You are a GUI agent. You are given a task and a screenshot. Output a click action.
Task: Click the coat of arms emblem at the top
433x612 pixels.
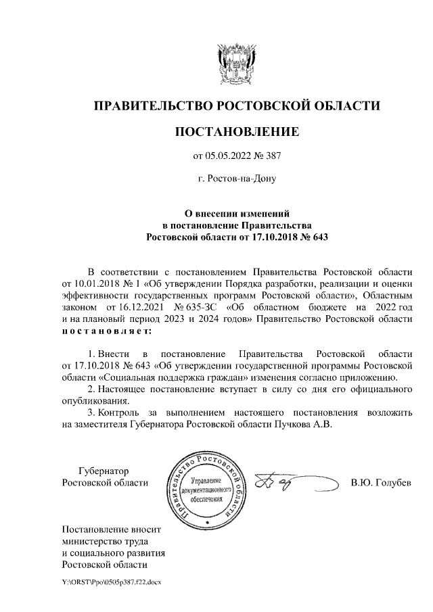coord(236,63)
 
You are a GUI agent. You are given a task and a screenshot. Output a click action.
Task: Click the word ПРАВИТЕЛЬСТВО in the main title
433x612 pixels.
coord(150,106)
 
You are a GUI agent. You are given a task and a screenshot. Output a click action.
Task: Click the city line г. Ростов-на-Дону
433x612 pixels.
coord(236,179)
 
